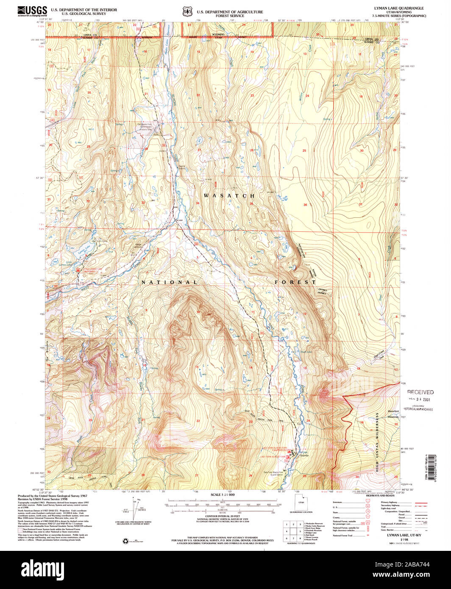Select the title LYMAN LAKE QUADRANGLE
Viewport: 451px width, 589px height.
tap(392, 8)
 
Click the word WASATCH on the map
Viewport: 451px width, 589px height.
tap(229, 196)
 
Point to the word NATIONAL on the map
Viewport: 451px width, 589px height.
tap(169, 282)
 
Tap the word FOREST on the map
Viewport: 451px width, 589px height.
tap(295, 282)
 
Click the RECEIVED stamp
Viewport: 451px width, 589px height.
tap(420, 392)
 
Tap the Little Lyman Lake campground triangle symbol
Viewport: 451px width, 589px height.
tap(78, 269)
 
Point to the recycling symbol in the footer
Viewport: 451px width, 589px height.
tap(125, 541)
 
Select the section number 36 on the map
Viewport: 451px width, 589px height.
tap(305, 205)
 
